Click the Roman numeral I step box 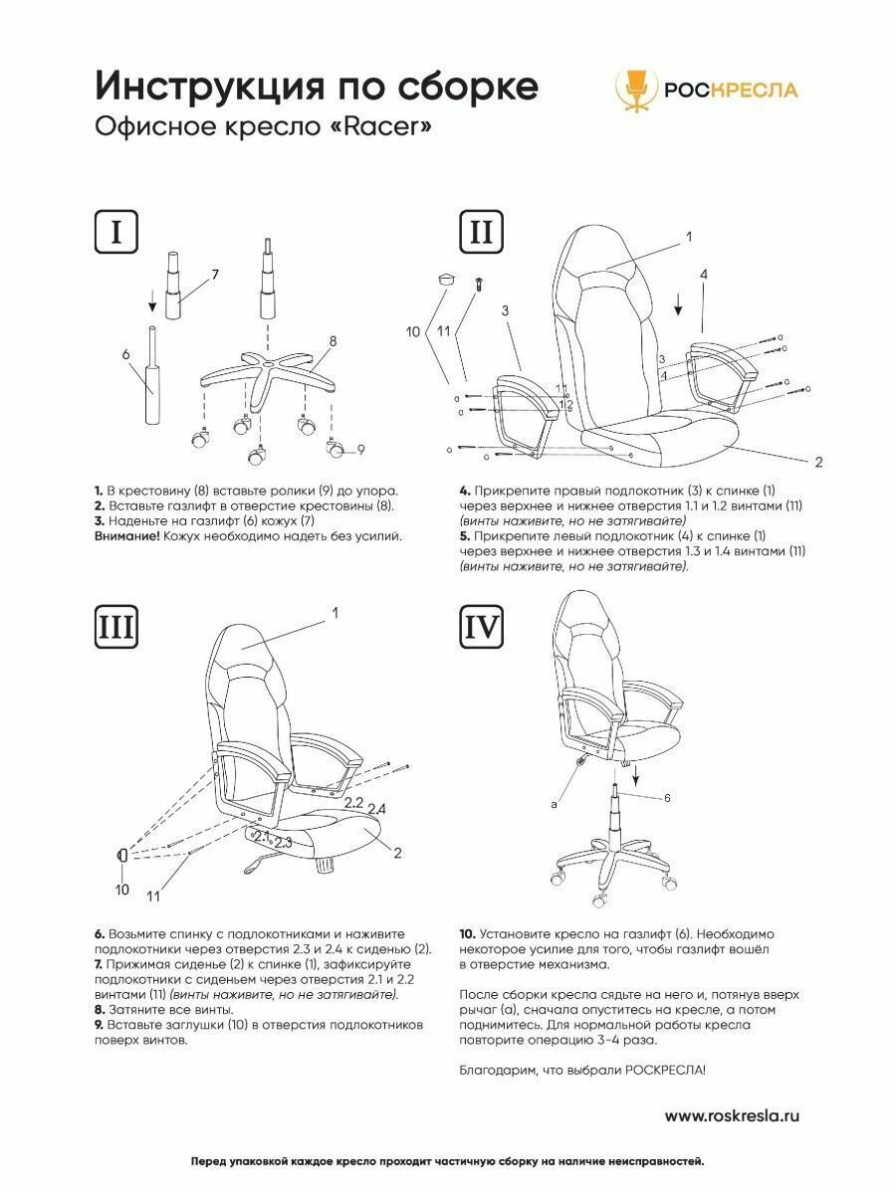(116, 232)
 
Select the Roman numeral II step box (480, 232)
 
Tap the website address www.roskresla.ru (731, 1115)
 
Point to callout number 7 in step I (214, 274)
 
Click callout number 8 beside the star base (333, 341)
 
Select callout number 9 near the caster (360, 450)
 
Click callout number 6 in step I (126, 353)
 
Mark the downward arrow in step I (151, 297)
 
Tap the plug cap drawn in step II (445, 279)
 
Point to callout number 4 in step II (703, 274)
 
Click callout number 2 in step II (817, 461)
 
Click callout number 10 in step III (121, 890)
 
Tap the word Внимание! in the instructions (126, 535)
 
